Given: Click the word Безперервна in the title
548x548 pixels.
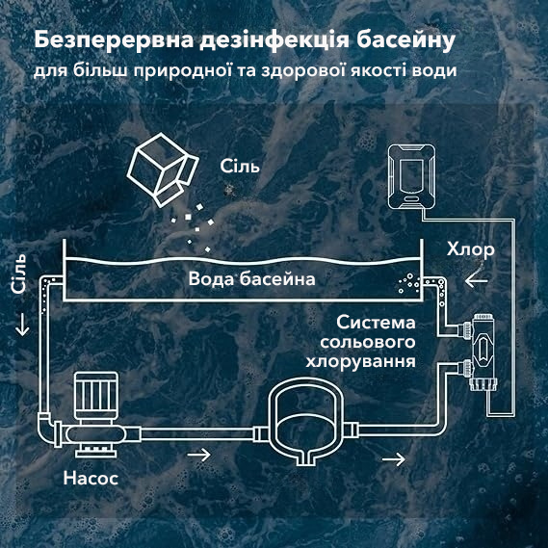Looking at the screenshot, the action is pyautogui.click(x=114, y=40).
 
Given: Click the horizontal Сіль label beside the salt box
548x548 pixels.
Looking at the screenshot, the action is pyautogui.click(x=240, y=166).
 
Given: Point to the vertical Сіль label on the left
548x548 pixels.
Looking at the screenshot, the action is pyautogui.click(x=19, y=274).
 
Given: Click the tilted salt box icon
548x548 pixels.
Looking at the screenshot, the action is pyautogui.click(x=163, y=170).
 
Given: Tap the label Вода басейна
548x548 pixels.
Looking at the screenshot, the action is pyautogui.click(x=251, y=279).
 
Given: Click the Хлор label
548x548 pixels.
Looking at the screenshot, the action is pyautogui.click(x=470, y=250).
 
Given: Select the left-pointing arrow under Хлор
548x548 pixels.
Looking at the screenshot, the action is pyautogui.click(x=476, y=280).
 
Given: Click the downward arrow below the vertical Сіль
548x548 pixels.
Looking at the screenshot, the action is pyautogui.click(x=22, y=325).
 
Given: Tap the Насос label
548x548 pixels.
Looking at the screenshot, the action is pyautogui.click(x=91, y=478).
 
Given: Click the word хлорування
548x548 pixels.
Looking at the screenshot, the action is pyautogui.click(x=360, y=361).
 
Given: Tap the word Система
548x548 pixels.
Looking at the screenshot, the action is pyautogui.click(x=376, y=323).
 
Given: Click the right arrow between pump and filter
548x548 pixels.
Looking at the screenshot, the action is pyautogui.click(x=198, y=455).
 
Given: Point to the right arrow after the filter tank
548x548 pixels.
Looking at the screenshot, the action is pyautogui.click(x=394, y=458).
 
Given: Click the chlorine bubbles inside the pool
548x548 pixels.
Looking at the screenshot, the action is pyautogui.click(x=409, y=284).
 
